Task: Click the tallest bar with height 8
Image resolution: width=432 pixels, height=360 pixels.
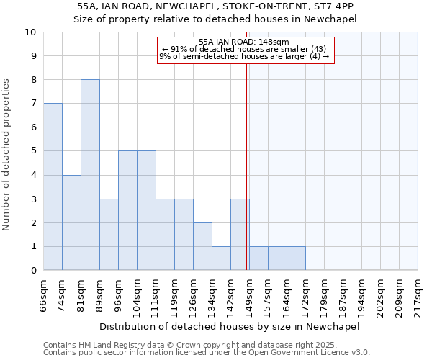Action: pos(90,175)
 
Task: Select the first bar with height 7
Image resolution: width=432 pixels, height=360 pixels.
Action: pos(53,186)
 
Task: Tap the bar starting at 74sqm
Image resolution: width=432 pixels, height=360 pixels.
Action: pos(71,222)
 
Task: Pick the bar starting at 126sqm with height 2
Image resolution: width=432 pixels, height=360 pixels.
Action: pos(202,246)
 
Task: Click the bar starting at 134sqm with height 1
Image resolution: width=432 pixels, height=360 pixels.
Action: pos(221,258)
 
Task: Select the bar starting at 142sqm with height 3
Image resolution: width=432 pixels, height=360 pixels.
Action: pos(240,235)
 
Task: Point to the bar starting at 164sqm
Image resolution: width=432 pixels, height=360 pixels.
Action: pos(296,258)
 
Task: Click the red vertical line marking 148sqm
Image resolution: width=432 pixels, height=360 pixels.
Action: pos(247,166)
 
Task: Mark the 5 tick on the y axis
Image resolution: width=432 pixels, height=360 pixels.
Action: pos(33,151)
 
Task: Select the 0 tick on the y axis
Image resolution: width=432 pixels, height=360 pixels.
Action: pos(33,271)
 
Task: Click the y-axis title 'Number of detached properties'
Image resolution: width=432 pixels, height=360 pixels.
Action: pos(8,156)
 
